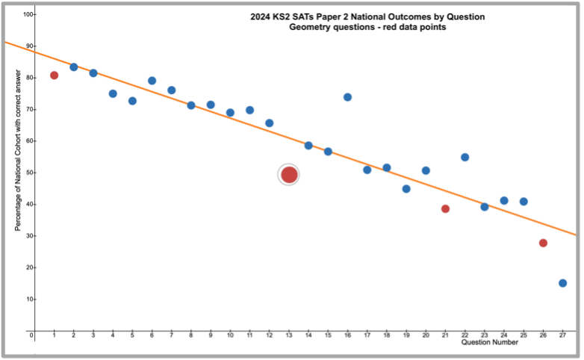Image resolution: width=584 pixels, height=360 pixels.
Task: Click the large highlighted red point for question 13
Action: coord(289,175)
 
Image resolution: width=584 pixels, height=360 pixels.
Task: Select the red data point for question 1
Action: coord(55,75)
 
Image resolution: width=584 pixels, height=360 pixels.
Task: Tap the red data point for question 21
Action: coord(445,209)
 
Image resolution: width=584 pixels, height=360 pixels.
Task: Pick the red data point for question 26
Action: coord(543,243)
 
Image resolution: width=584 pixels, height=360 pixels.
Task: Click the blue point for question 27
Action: coord(562,283)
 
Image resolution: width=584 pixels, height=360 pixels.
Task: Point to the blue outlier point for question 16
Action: coord(347,97)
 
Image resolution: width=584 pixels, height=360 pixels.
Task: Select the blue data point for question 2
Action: coord(74,67)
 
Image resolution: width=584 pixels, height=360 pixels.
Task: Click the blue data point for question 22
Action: coord(465,157)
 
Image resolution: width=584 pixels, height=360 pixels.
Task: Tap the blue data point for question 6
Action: coord(152,81)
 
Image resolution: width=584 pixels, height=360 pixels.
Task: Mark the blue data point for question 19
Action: coord(406,189)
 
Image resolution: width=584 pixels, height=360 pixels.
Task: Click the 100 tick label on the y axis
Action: coord(28,15)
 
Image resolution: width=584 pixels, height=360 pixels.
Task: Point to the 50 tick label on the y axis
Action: coord(28,173)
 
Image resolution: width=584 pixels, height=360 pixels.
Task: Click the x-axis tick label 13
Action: coord(289,335)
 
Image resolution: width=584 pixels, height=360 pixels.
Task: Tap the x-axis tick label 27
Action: coord(562,335)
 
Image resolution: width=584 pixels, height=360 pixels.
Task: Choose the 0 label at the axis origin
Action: coord(31,336)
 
